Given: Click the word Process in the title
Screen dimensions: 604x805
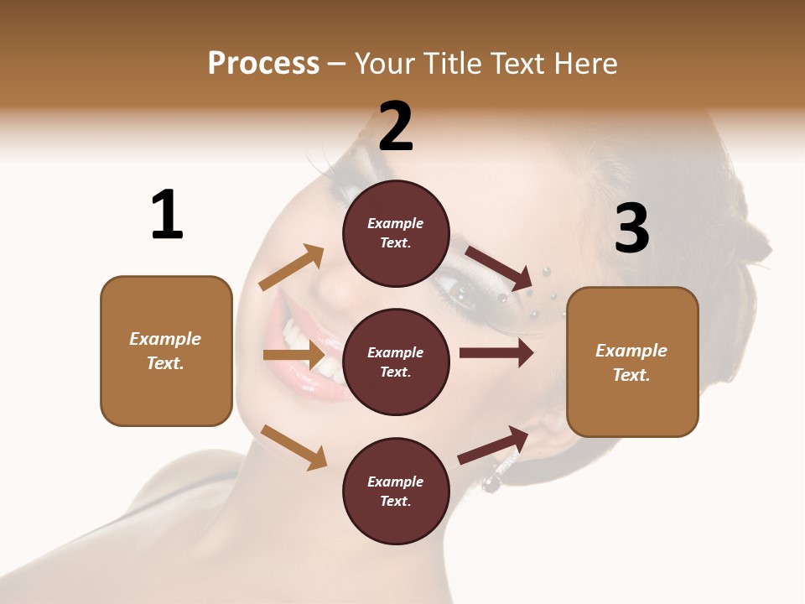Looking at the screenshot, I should click(x=263, y=64).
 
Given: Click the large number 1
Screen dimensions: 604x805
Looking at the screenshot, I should click(x=167, y=215).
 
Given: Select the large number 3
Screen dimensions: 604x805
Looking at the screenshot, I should click(x=631, y=228).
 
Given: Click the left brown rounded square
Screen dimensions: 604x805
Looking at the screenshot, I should click(x=166, y=351).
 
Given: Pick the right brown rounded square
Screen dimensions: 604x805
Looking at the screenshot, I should click(x=632, y=362).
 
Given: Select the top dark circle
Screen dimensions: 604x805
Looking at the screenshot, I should click(x=396, y=233).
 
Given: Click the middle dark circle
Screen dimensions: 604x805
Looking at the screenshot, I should click(x=396, y=362).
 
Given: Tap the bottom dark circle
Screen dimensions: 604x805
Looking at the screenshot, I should click(x=396, y=491).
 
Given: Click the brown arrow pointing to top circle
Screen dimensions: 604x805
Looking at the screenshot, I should click(x=292, y=268).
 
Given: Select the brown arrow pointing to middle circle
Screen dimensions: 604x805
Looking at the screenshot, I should click(x=293, y=356).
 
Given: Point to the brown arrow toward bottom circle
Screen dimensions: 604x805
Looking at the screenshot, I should click(x=293, y=447).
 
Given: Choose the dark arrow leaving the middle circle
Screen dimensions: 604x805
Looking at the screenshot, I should click(x=496, y=353).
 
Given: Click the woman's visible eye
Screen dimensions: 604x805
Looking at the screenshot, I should click(x=464, y=291).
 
